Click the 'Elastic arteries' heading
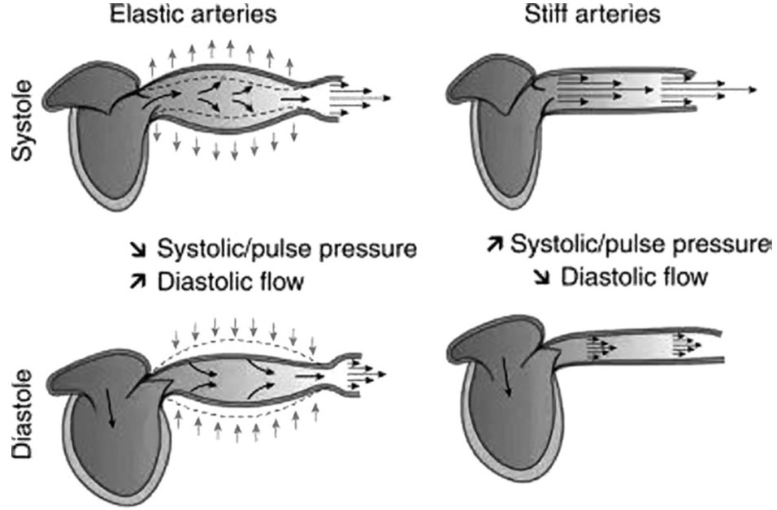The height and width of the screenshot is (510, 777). click(193, 14)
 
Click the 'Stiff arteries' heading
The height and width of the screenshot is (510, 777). click(593, 14)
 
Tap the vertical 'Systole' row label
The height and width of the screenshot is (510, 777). click(23, 121)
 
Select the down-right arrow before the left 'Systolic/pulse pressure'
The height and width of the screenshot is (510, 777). click(137, 250)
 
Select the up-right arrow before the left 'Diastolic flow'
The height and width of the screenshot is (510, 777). click(137, 281)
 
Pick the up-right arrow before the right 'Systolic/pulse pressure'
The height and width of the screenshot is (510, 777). click(495, 244)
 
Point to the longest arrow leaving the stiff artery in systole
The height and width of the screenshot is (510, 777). click(710, 89)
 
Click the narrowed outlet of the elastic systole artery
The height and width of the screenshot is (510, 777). click(324, 97)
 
